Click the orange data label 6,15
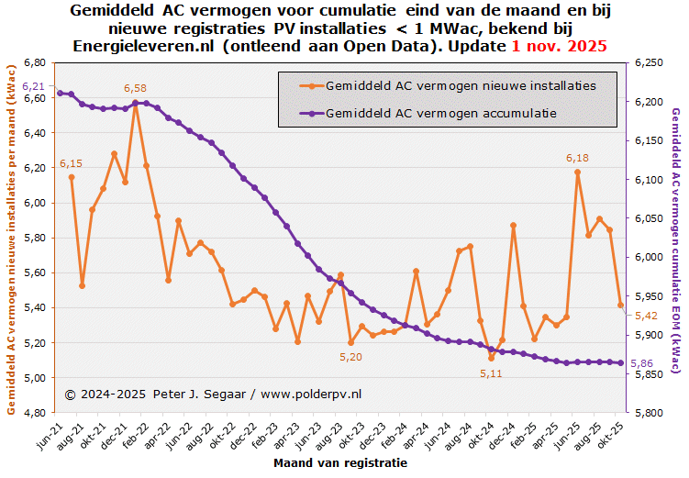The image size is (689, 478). tap(71, 163)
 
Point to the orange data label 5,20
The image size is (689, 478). tap(350, 357)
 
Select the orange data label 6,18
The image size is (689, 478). tap(577, 159)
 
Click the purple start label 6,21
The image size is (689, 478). tap(33, 85)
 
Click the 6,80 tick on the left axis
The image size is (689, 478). tap(33, 62)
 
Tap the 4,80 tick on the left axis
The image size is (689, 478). tap(33, 412)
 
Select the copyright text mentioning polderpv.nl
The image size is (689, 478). tap(213, 394)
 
